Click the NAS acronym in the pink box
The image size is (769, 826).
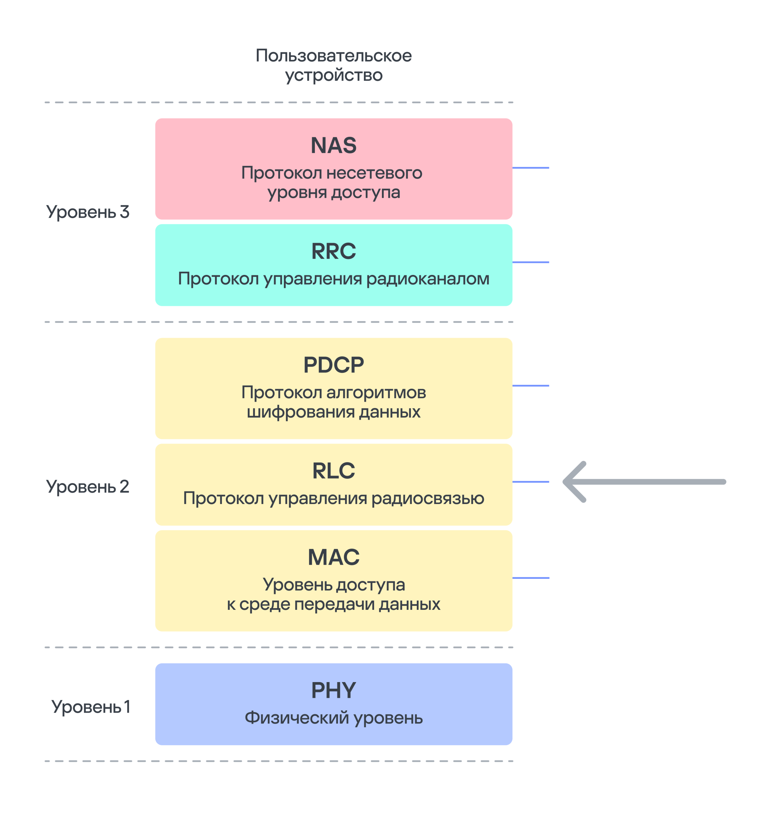pyautogui.click(x=333, y=146)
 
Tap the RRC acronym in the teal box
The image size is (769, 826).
pyautogui.click(x=333, y=251)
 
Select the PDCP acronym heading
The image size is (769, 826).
pyautogui.click(x=333, y=365)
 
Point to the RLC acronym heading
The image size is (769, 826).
pyautogui.click(x=333, y=471)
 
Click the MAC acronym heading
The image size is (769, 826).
pyautogui.click(x=333, y=557)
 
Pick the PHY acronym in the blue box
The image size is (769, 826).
pyautogui.click(x=333, y=690)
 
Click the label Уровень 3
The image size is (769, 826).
pyautogui.click(x=88, y=212)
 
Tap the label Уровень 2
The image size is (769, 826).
pyautogui.click(x=88, y=487)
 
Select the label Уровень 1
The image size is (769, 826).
pyautogui.click(x=91, y=707)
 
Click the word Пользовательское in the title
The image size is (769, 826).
pyautogui.click(x=333, y=56)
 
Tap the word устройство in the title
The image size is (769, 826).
pyautogui.click(x=333, y=76)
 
